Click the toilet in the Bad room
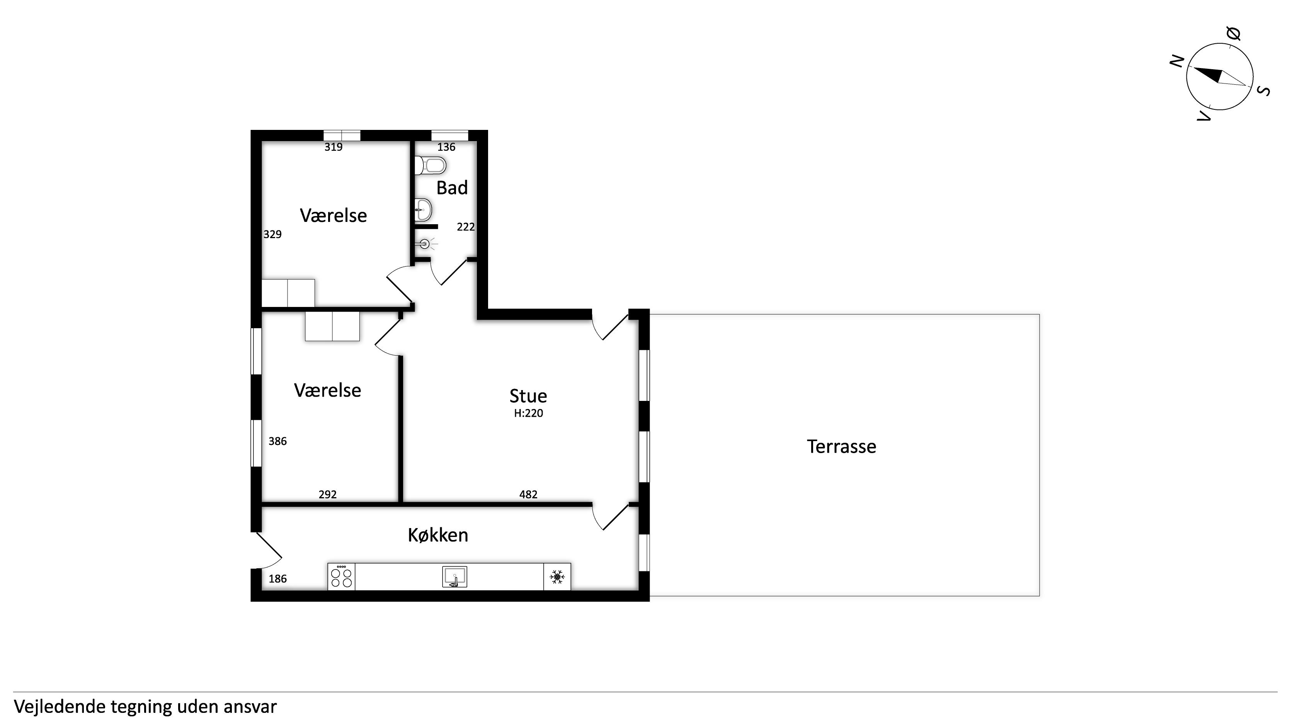[430, 165]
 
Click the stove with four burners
[342, 576]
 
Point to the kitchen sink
[455, 577]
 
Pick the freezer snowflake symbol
[557, 577]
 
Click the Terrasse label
[841, 447]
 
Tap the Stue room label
[528, 396]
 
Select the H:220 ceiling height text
[528, 413]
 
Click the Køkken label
[438, 535]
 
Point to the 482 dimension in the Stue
[528, 494]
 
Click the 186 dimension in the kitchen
[277, 579]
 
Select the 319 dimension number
[334, 147]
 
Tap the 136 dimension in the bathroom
[446, 147]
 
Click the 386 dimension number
[277, 441]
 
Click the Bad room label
[452, 188]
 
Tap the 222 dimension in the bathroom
[466, 227]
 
